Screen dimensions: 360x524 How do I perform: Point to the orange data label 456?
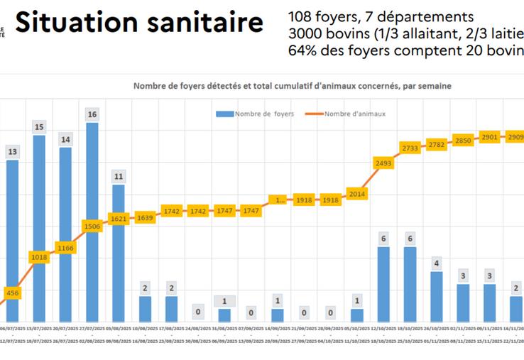(x=13, y=292)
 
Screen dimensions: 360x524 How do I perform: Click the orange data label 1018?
(x=39, y=257)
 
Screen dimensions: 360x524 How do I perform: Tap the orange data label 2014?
(x=356, y=193)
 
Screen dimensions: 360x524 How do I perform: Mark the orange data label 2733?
(x=410, y=148)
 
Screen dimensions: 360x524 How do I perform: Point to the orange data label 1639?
(x=145, y=217)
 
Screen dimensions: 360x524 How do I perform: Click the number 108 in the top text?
(x=301, y=17)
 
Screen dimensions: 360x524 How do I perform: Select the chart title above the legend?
(x=293, y=85)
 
